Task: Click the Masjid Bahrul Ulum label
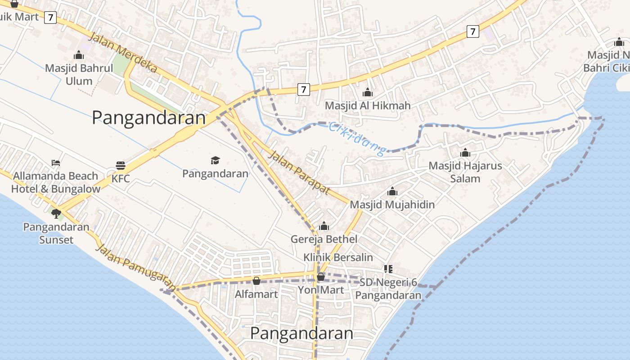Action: pos(79,75)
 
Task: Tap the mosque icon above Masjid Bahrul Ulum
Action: pos(79,55)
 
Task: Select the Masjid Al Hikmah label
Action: pos(368,106)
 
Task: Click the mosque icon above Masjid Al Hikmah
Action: pos(368,92)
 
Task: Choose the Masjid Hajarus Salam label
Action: pos(465,172)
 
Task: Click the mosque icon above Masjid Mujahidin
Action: pos(392,191)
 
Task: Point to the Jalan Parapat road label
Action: pos(299,173)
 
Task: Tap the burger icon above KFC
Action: pos(120,165)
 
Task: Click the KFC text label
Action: pos(121,179)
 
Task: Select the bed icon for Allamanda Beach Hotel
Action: pos(56,162)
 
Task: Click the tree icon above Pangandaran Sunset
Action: pos(56,213)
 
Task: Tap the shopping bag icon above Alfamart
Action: pos(256,281)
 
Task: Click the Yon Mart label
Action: pos(321,290)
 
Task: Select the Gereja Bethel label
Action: pos(324,239)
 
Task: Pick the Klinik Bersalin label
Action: pos(338,257)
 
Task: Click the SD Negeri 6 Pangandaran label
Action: pos(388,289)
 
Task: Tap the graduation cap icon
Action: pos(216,160)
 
